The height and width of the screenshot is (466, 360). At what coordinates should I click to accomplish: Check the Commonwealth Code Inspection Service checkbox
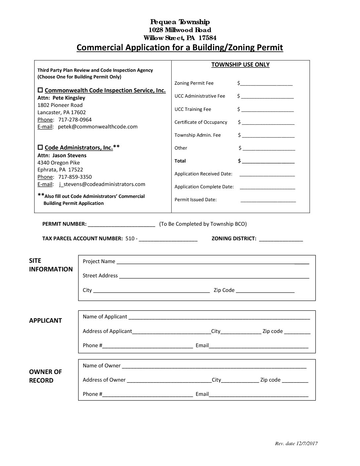tap(40, 90)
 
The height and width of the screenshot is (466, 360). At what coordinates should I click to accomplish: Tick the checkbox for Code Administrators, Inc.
tap(40, 147)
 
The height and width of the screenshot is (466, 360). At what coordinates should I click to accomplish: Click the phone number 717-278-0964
tap(75, 119)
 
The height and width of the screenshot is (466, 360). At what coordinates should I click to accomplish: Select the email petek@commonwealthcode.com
tap(98, 126)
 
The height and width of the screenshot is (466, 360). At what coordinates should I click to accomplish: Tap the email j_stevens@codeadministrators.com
tap(102, 184)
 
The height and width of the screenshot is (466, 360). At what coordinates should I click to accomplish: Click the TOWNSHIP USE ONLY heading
tap(240, 65)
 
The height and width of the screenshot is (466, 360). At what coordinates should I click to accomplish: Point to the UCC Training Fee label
tap(193, 109)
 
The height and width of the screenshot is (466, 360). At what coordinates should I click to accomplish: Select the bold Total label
tap(180, 161)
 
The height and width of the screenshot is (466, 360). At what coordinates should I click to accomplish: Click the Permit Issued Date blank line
tap(268, 200)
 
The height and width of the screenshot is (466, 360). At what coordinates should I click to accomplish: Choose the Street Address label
tap(100, 275)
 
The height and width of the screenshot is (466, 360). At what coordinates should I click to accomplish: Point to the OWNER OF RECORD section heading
tap(45, 376)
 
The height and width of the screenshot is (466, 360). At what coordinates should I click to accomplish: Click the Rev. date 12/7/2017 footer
tap(296, 443)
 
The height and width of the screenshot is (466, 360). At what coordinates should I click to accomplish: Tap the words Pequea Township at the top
tap(180, 22)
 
